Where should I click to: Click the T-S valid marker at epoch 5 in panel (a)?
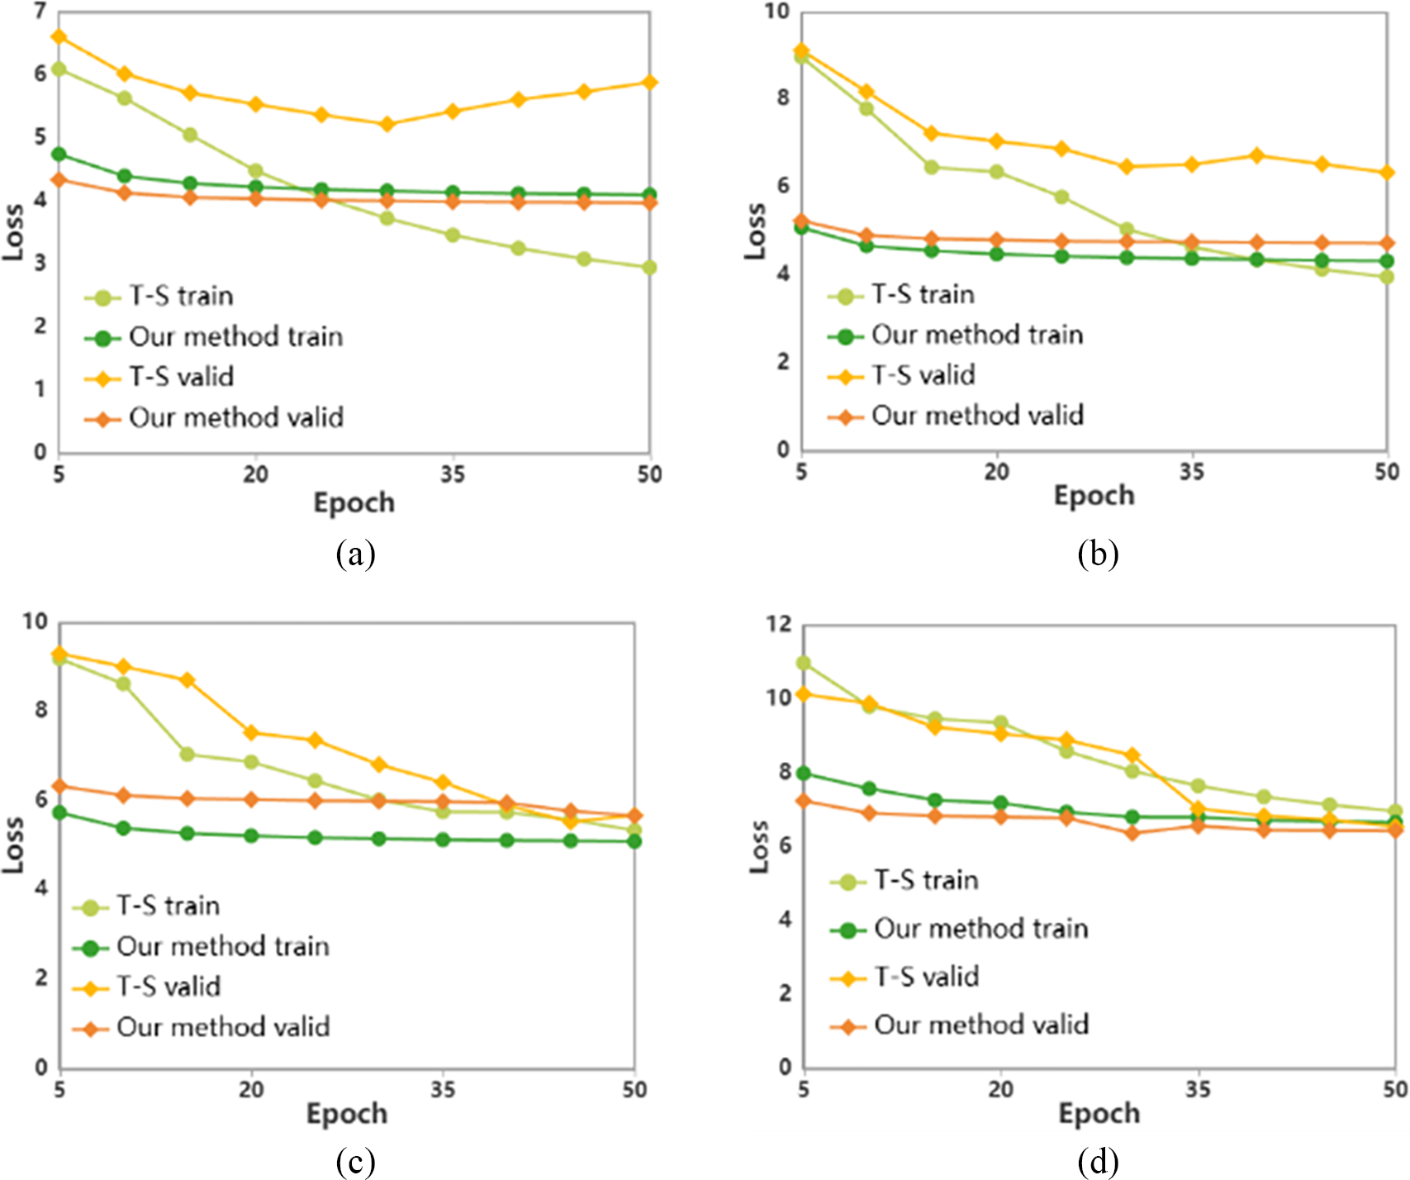[x=59, y=37]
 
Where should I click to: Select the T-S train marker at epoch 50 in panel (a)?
[x=649, y=268]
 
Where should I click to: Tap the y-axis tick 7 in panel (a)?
[x=40, y=12]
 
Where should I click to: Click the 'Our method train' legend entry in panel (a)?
[x=235, y=337]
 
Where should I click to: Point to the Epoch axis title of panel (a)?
[x=354, y=502]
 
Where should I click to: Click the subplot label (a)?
[x=355, y=554]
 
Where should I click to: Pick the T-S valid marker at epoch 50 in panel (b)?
[x=1387, y=173]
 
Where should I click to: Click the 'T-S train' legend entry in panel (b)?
[x=923, y=295]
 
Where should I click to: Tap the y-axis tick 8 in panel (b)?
[x=781, y=98]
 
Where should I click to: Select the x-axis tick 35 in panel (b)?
[x=1192, y=472]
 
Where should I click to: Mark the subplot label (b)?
[x=1098, y=554]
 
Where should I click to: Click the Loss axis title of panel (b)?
[x=755, y=231]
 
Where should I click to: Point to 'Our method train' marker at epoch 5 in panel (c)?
[x=59, y=813]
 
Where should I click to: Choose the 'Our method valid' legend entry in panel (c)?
[x=223, y=1027]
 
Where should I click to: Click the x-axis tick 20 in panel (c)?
[x=251, y=1090]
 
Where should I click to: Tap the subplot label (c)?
[x=355, y=1162]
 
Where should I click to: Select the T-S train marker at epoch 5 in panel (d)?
[x=803, y=664]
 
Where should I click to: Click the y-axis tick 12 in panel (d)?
[x=778, y=625]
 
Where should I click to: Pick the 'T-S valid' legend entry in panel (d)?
[x=927, y=978]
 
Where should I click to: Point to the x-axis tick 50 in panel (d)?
[x=1395, y=1090]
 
